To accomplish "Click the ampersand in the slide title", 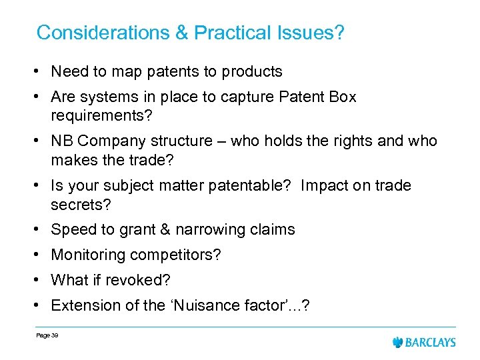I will (179, 33).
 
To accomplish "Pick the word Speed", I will (71, 229).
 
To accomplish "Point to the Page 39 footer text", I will (48, 335).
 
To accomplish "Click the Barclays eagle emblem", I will (399, 342).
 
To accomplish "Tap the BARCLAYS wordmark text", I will (431, 342).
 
